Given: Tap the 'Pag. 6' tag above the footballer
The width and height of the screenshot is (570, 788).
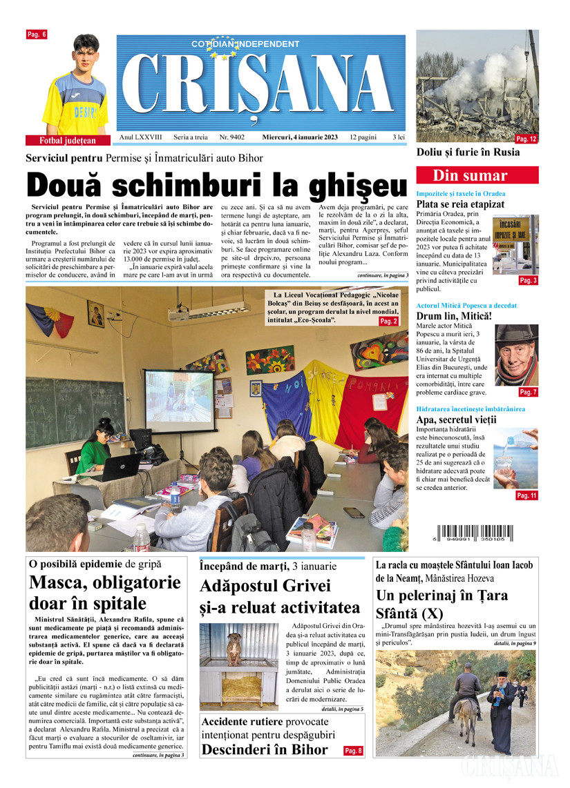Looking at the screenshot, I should pyautogui.click(x=36, y=35).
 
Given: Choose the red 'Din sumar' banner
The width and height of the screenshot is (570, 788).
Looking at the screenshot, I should pyautogui.click(x=477, y=175).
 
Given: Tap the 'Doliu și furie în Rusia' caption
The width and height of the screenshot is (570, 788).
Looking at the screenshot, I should pyautogui.click(x=468, y=152).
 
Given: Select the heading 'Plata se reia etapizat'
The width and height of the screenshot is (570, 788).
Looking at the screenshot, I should pyautogui.click(x=460, y=204).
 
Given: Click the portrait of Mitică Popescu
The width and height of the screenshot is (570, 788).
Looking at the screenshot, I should pyautogui.click(x=516, y=356).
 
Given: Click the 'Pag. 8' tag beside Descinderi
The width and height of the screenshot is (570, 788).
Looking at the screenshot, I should pyautogui.click(x=353, y=750).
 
